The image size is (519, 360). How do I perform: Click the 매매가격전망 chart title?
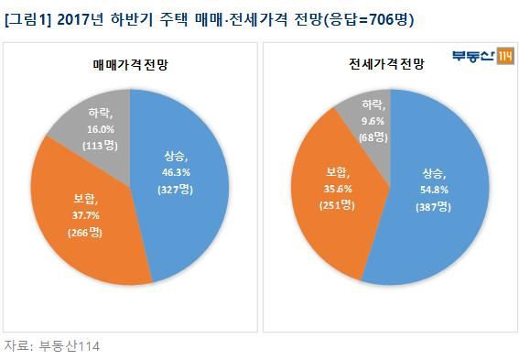click(130, 64)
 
